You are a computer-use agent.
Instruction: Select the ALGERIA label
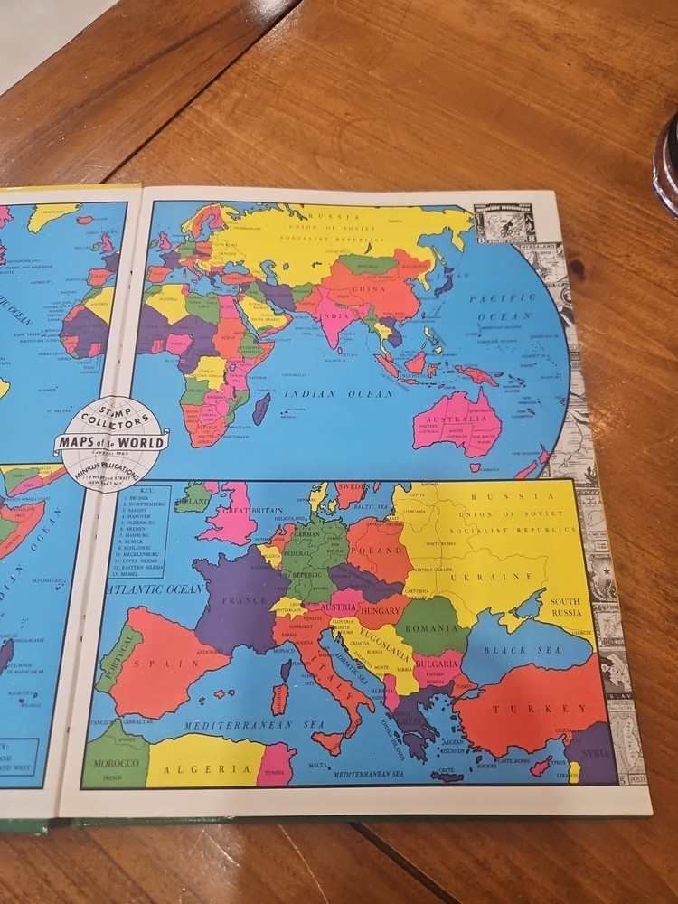click(208, 769)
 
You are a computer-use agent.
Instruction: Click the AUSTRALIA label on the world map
click(457, 419)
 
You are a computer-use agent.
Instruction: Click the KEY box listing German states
click(141, 532)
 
